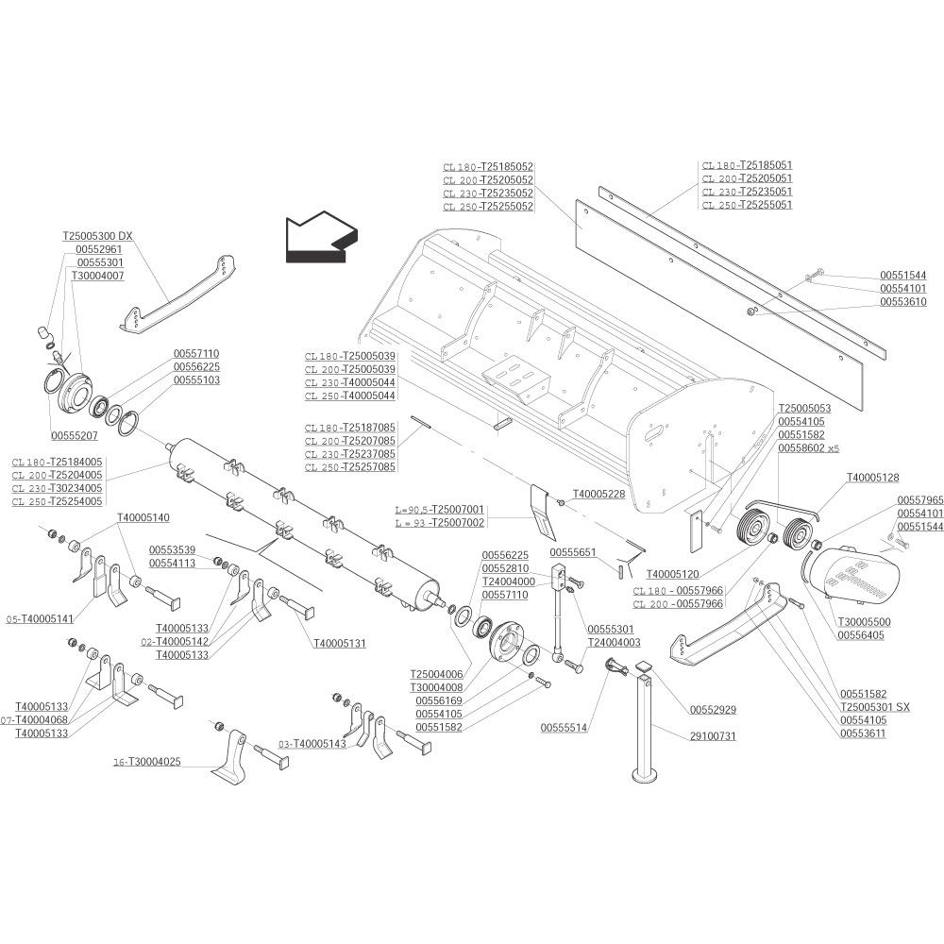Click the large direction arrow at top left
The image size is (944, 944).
point(321,238)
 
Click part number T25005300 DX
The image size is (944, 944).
point(97,236)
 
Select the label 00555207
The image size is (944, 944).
point(74,435)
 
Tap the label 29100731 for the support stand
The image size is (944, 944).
point(713,735)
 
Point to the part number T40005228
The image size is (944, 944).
point(598,495)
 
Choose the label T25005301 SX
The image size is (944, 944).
point(875,707)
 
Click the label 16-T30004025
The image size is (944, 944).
point(147,762)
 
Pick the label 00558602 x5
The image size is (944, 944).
point(809,448)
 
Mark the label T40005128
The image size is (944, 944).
point(873,478)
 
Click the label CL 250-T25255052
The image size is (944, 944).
point(488,207)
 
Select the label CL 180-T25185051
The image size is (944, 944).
point(747,165)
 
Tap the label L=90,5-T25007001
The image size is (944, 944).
point(440,510)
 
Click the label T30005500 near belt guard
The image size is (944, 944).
point(864,622)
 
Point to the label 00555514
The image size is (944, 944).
point(565,728)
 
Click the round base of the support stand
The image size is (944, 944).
point(648,774)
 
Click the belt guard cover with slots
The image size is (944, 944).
point(855,575)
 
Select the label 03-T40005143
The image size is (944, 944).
point(312,744)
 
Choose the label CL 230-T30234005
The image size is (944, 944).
point(58,488)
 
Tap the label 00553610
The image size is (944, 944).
point(903,302)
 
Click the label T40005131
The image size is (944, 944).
point(340,644)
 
